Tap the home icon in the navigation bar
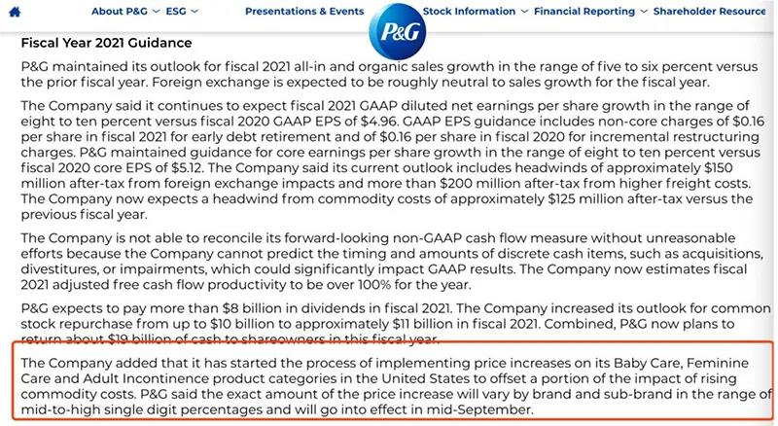click(x=14, y=12)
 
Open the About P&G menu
click(x=121, y=12)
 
